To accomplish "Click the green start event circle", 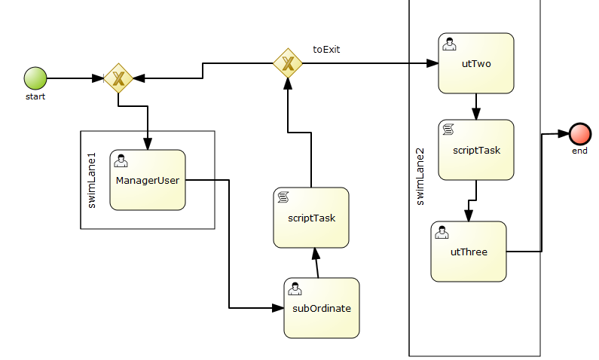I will [x=35, y=78].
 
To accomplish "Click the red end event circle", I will [x=579, y=133].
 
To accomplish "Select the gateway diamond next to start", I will [x=118, y=78].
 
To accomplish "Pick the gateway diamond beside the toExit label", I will [x=287, y=64].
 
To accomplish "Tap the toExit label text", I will [x=327, y=50].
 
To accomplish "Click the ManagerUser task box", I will [x=148, y=180].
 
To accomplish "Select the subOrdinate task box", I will [x=322, y=308].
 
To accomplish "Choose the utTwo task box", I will [x=476, y=63].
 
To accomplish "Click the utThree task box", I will [x=469, y=252].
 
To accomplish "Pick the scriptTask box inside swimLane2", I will [x=476, y=150].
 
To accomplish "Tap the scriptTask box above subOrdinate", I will [x=311, y=218].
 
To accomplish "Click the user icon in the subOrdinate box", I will [x=295, y=288].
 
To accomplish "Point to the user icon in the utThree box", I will [x=442, y=232].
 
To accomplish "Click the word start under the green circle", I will [x=35, y=96].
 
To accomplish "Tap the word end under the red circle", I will [x=579, y=151].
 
